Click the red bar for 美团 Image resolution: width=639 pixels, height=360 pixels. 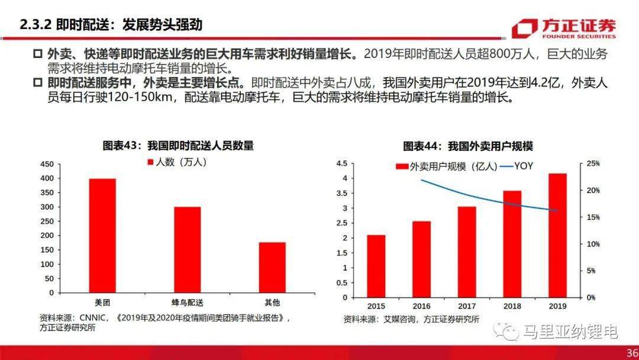pyautogui.click(x=102, y=235)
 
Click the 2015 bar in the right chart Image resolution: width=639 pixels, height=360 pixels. pyautogui.click(x=376, y=266)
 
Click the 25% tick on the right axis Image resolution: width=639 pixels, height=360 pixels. pyautogui.click(x=592, y=163)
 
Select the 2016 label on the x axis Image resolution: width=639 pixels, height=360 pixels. pyautogui.click(x=421, y=306)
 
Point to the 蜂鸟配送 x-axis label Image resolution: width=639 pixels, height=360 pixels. pyautogui.click(x=187, y=303)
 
